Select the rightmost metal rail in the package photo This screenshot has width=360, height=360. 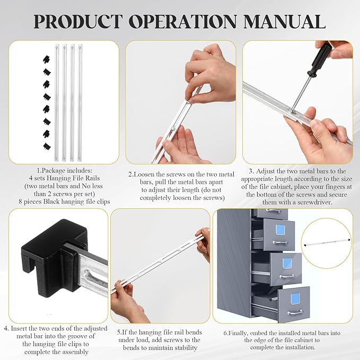click(x=80, y=101)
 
